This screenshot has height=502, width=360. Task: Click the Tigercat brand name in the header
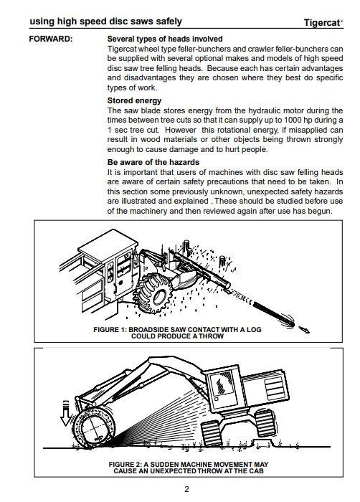(323, 23)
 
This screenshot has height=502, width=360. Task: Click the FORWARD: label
(51, 39)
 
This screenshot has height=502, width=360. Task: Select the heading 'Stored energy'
(134, 100)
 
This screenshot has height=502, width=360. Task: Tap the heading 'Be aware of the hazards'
(153, 162)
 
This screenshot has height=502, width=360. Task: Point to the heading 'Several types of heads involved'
(165, 39)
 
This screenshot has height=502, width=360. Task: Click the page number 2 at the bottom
(186, 489)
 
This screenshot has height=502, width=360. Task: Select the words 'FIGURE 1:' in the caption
(110, 329)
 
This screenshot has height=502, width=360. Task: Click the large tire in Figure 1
(154, 293)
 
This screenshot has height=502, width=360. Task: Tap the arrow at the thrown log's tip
(304, 330)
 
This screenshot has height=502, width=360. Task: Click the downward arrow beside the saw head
(66, 413)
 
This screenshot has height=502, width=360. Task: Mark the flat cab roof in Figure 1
(108, 244)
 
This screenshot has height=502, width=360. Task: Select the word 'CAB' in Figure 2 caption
(256, 471)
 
